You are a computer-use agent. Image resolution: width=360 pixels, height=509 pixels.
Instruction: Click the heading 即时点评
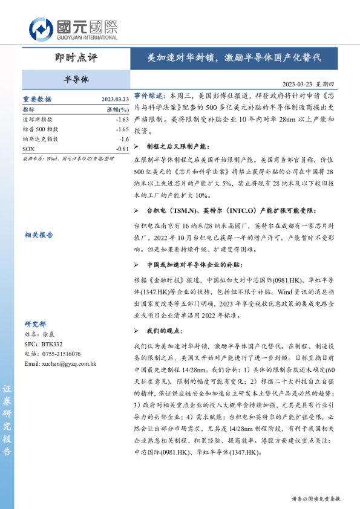75,58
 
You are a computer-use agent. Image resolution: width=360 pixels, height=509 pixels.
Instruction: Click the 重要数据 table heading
37,99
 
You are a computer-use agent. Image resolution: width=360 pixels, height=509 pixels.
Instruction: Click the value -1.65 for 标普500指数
122,129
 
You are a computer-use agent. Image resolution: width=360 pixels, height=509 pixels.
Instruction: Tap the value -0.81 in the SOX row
122,148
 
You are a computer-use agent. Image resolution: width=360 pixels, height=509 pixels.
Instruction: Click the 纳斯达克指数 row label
41,138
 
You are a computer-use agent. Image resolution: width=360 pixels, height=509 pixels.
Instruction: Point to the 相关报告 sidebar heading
39,235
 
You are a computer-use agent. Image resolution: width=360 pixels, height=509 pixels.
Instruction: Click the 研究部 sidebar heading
35,323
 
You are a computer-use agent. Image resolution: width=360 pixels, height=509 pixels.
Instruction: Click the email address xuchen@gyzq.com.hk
61,364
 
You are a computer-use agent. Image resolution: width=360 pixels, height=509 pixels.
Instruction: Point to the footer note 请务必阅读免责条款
316,499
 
